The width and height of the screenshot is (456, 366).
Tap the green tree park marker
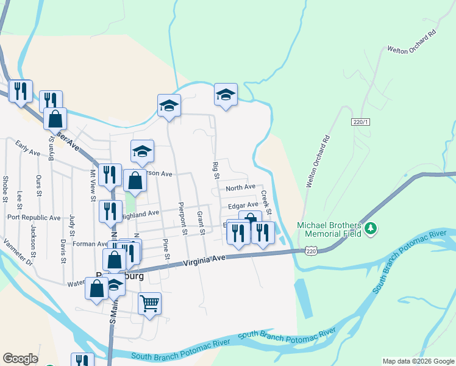point(371,229)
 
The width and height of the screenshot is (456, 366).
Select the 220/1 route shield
point(361,122)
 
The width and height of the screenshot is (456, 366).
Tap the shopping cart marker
point(149,302)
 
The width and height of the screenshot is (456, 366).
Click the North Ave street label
point(240,187)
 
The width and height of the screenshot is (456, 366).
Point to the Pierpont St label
point(182,219)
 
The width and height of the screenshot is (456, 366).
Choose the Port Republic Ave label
point(34,217)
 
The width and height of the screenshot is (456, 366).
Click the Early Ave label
point(27,148)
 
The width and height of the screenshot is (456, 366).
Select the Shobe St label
point(5,189)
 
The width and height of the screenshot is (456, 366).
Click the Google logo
point(20,359)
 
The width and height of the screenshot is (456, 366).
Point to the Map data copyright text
point(418,361)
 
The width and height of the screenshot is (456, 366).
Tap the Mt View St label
point(93,184)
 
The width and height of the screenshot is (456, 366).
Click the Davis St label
point(63,251)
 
